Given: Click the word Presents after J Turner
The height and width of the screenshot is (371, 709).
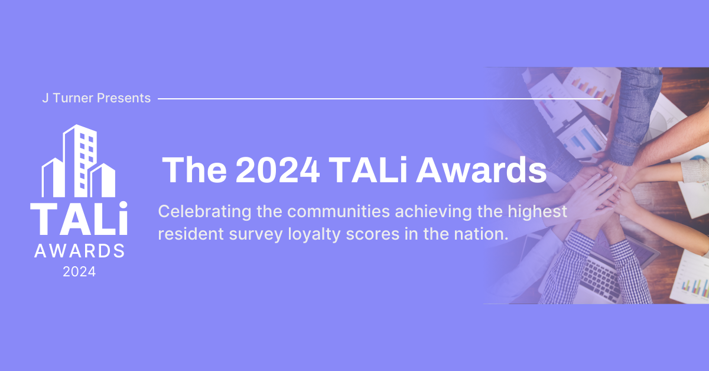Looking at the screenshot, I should click(x=123, y=98).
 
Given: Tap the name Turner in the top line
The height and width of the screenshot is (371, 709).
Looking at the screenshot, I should click(x=73, y=98).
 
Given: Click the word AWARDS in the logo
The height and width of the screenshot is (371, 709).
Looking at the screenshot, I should click(x=79, y=251).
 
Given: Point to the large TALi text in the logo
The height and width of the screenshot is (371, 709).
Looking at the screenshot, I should click(x=79, y=219).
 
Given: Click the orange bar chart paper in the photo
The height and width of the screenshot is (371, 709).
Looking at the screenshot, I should click(x=591, y=89).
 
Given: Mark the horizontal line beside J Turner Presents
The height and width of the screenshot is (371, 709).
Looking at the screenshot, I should click(x=378, y=99).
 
